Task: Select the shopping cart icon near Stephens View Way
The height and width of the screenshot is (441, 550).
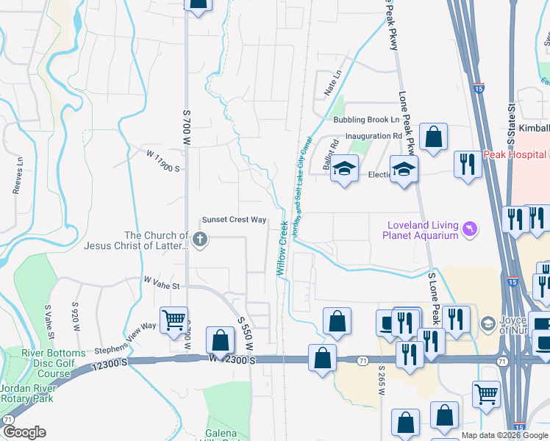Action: pos(174,320)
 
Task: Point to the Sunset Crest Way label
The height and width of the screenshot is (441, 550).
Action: pos(235,220)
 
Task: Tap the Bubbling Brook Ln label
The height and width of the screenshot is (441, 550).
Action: pos(366,119)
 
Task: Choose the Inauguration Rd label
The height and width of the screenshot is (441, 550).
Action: pos(374,136)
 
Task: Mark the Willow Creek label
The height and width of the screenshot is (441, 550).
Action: pos(282,251)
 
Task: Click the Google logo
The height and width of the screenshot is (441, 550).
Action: pos(24,432)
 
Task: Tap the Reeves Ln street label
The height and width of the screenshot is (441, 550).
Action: pos(18,176)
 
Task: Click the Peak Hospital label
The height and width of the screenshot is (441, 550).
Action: pos(515,155)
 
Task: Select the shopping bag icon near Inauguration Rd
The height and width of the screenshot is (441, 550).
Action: pos(433,137)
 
